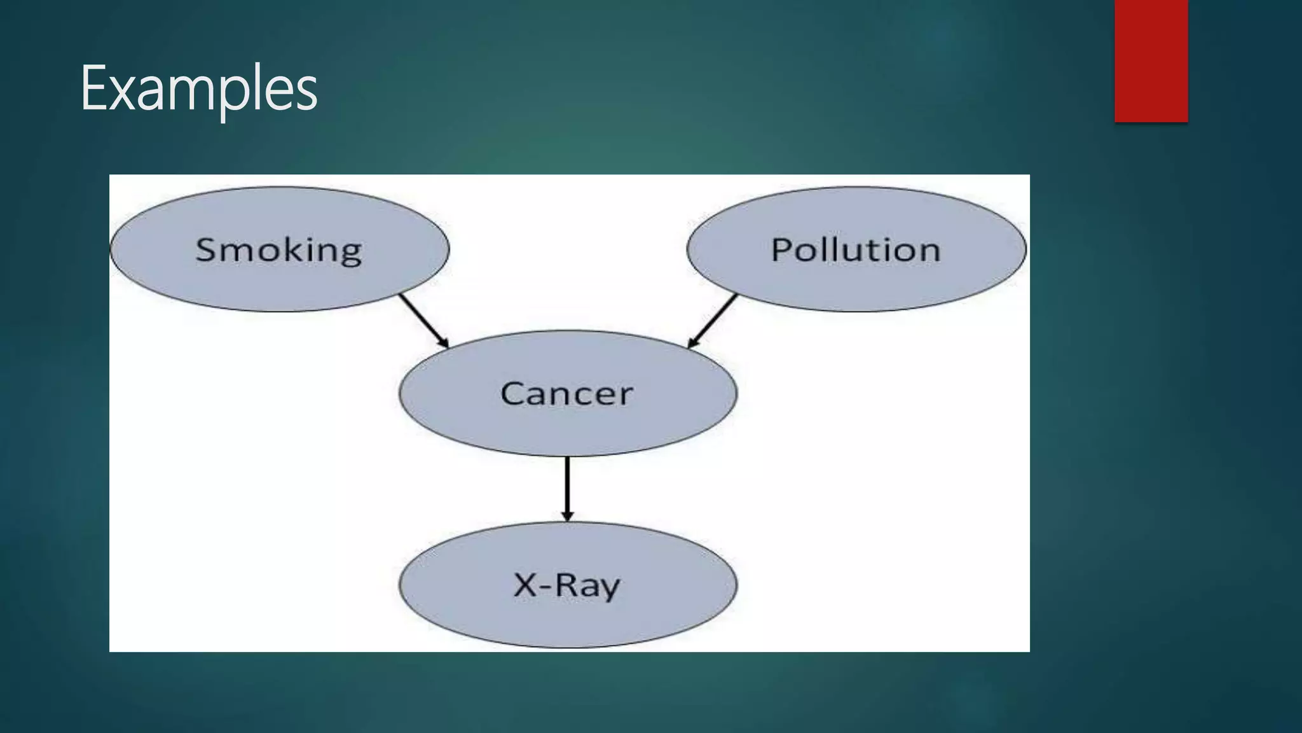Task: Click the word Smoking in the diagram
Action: pyautogui.click(x=278, y=249)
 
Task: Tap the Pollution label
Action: pyautogui.click(x=855, y=249)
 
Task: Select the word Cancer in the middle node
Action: pyautogui.click(x=566, y=393)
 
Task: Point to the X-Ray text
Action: pyautogui.click(x=566, y=585)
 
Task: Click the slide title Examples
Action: pyautogui.click(x=198, y=89)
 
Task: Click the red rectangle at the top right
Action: pyautogui.click(x=1151, y=61)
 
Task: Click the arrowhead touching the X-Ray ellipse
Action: pyautogui.click(x=567, y=516)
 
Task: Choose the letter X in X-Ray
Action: pyautogui.click(x=525, y=585)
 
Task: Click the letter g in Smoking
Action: pyautogui.click(x=350, y=253)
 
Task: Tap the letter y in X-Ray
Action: pyautogui.click(x=610, y=589)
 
